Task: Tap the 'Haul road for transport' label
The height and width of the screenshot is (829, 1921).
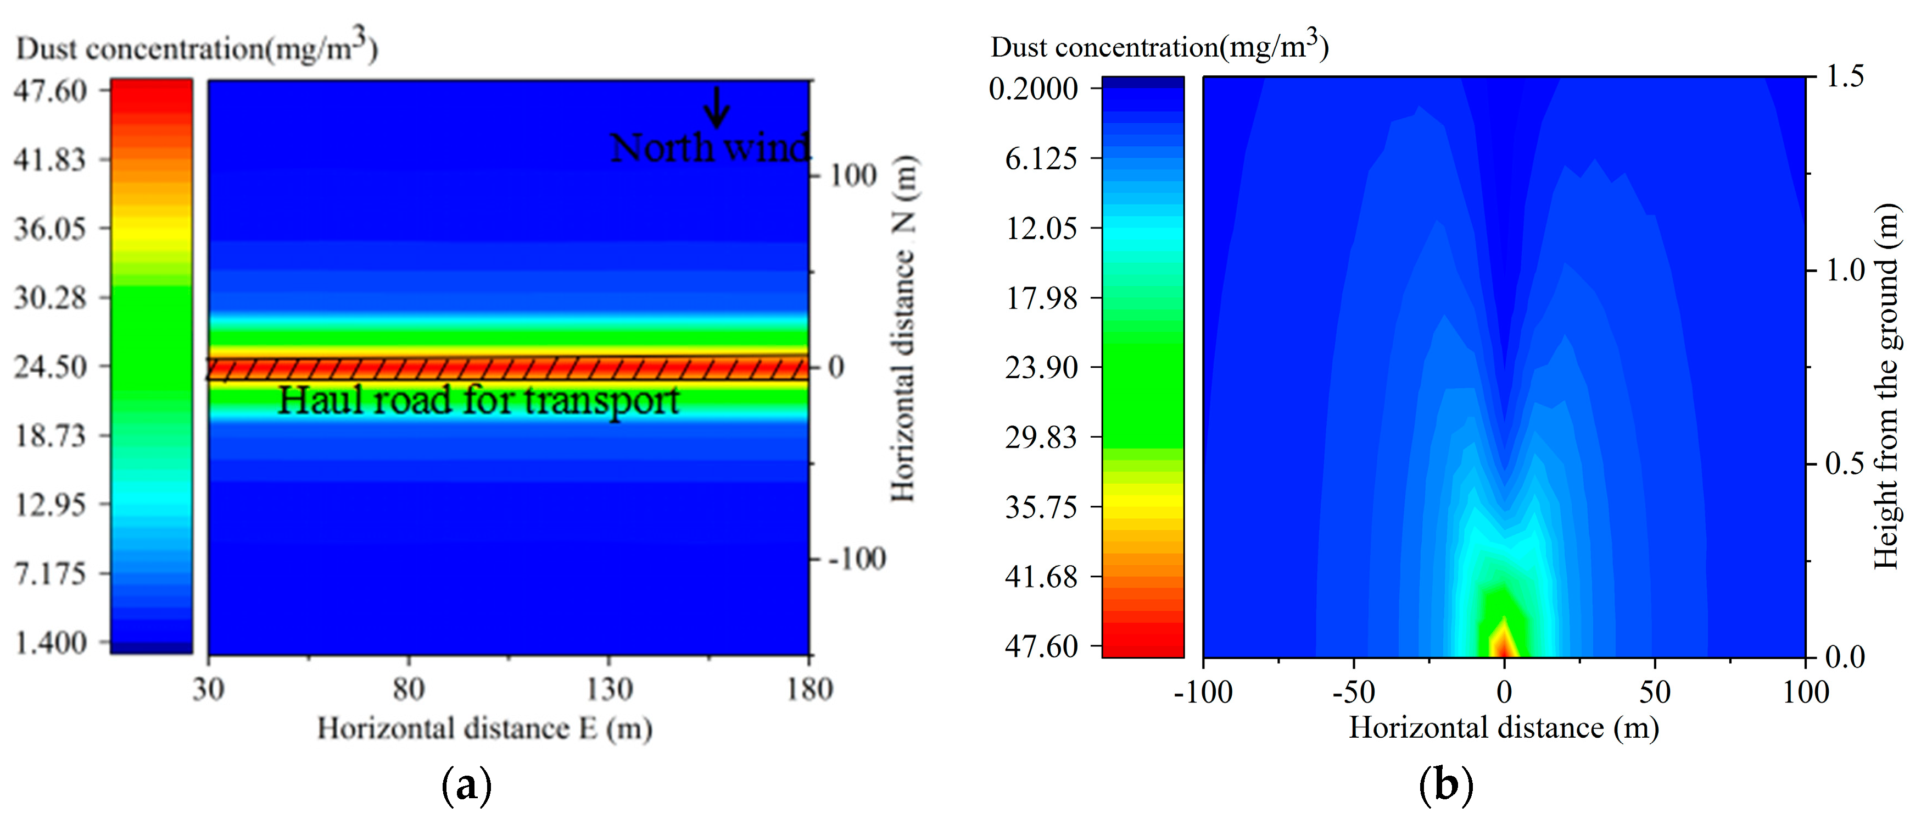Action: (478, 401)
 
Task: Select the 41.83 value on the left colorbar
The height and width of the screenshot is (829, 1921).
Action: (50, 159)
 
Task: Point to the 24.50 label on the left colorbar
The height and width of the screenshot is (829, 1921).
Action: (50, 366)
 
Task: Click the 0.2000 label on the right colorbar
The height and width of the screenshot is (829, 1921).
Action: (1034, 89)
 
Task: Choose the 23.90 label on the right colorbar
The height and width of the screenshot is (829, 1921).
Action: (1041, 367)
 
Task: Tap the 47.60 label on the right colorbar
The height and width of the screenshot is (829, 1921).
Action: (1041, 646)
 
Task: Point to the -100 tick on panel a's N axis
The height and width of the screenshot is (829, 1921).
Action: (858, 558)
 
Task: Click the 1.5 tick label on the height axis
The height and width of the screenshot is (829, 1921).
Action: (1845, 76)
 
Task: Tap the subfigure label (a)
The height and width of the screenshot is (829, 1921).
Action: (467, 786)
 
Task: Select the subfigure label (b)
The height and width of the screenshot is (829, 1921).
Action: (1446, 786)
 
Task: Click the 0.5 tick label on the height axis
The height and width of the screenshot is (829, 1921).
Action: (1845, 464)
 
